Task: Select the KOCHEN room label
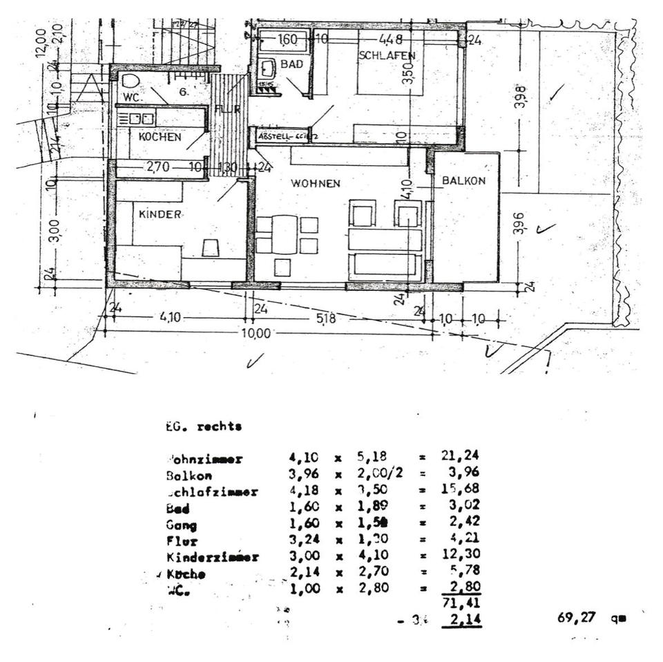[160, 137]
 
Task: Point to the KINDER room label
[160, 214]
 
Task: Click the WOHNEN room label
[315, 184]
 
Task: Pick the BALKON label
[464, 180]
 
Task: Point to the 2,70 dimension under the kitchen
[159, 167]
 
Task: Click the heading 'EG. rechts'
[204, 427]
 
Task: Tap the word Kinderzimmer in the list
[212, 557]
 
